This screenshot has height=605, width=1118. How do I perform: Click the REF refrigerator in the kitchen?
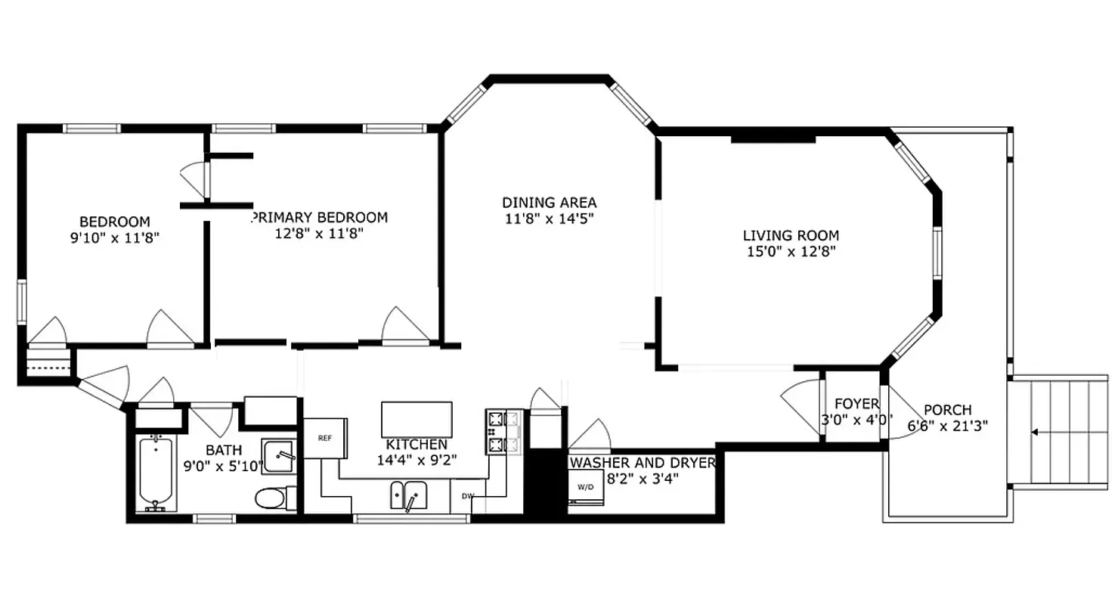click(x=325, y=438)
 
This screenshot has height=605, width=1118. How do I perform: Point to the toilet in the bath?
click(x=270, y=498)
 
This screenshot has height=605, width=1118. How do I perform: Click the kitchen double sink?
click(x=409, y=496)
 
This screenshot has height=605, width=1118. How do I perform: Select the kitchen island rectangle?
click(x=417, y=419)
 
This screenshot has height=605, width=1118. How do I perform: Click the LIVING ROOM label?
click(x=791, y=236)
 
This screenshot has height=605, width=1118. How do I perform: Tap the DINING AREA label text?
click(x=550, y=203)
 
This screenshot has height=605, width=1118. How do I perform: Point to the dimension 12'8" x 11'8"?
click(x=320, y=234)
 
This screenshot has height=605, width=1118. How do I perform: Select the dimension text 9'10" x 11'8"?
click(x=115, y=237)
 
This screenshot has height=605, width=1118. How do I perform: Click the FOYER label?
click(x=856, y=404)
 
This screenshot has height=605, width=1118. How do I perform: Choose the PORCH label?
click(x=947, y=410)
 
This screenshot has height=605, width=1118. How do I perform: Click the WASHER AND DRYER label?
click(x=642, y=463)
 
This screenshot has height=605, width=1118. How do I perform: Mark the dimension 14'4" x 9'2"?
click(x=417, y=460)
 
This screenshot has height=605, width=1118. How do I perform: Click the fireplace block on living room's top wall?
click(x=773, y=138)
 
